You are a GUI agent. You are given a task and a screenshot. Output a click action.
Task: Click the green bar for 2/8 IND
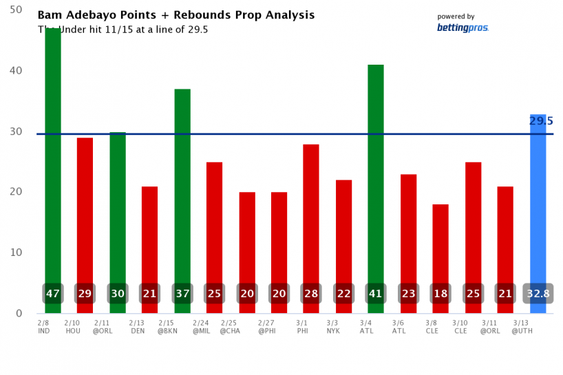(x=53, y=151)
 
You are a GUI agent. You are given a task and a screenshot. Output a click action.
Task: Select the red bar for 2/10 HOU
(x=85, y=206)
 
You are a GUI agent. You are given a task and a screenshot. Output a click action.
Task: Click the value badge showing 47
(x=53, y=294)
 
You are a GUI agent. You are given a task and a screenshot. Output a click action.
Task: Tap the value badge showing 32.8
(x=538, y=294)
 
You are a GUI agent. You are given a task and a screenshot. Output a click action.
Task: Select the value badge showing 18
(x=440, y=294)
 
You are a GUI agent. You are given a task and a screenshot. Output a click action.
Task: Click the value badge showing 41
(x=376, y=294)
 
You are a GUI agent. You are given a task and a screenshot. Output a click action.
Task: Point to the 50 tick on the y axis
(x=16, y=10)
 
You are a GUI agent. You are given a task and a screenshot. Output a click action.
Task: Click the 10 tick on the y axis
(x=16, y=253)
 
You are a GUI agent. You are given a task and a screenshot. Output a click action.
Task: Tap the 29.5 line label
(x=541, y=121)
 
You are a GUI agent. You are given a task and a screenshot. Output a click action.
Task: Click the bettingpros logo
(x=463, y=28)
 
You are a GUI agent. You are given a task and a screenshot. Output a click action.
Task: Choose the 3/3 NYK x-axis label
(x=332, y=326)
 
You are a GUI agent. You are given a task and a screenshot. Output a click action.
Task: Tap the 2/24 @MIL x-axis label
(x=201, y=326)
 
